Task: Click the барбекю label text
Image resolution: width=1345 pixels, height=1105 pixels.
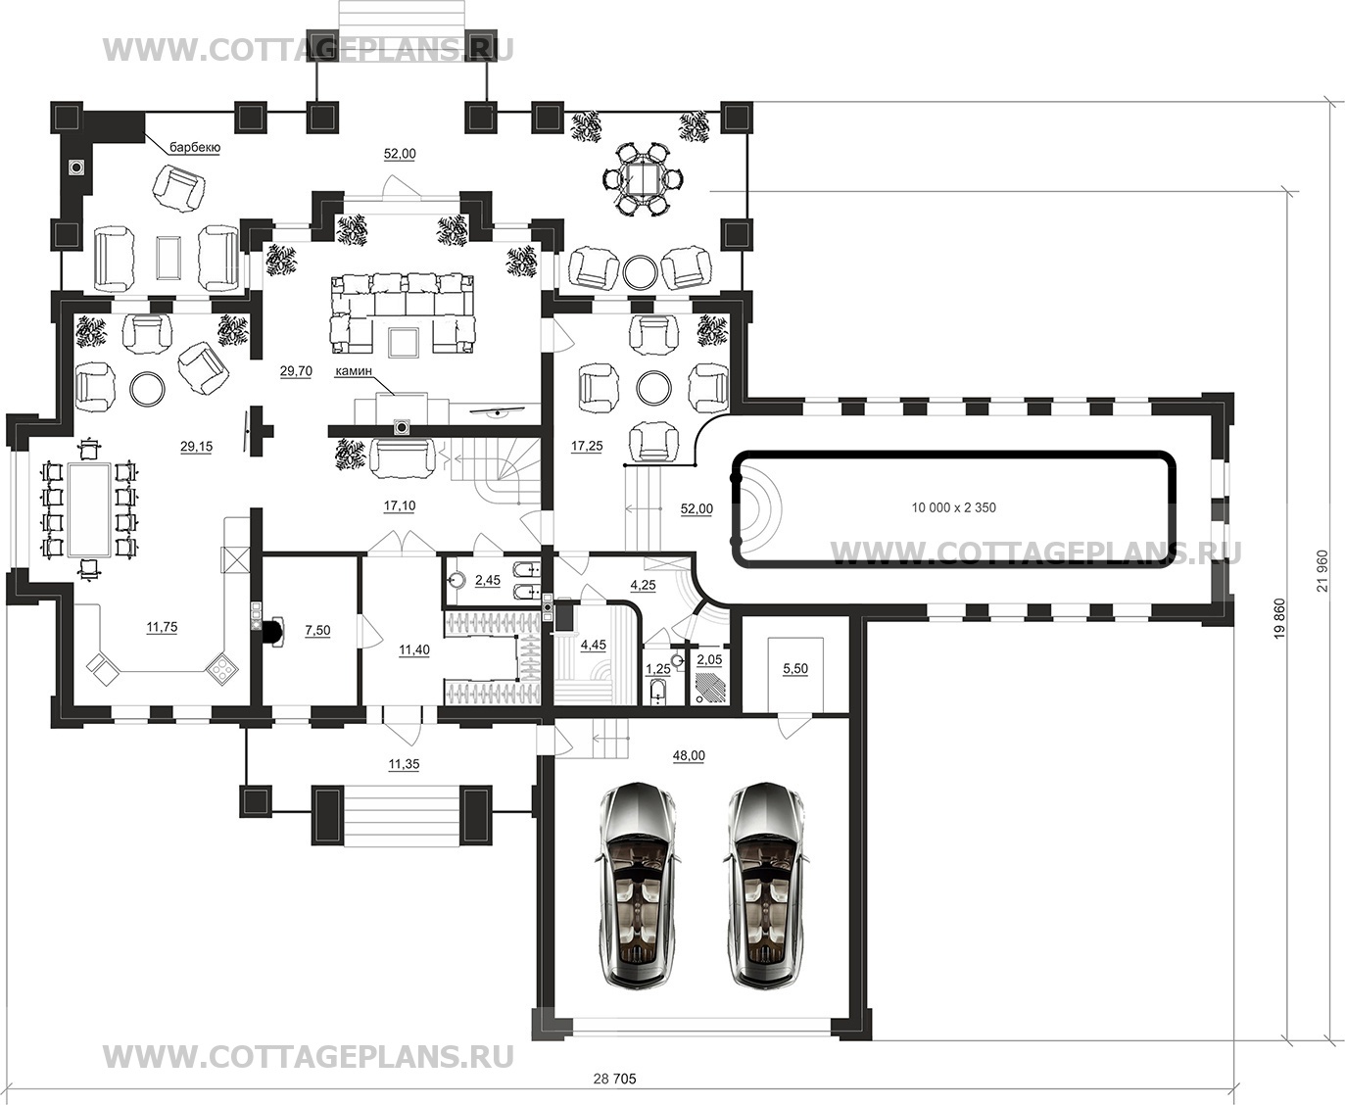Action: pyautogui.click(x=195, y=148)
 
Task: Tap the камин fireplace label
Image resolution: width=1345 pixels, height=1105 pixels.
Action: pyautogui.click(x=354, y=370)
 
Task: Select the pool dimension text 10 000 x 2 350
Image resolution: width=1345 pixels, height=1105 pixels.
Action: pyautogui.click(x=953, y=507)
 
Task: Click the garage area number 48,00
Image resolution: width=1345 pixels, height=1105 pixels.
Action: pyautogui.click(x=689, y=755)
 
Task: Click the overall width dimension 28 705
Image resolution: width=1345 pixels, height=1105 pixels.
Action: pyautogui.click(x=615, y=1080)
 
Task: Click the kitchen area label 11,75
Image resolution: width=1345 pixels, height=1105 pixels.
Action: pyautogui.click(x=162, y=627)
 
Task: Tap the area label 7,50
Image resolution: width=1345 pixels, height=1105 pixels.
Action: pyautogui.click(x=317, y=631)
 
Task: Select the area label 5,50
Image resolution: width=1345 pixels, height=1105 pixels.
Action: pyautogui.click(x=795, y=669)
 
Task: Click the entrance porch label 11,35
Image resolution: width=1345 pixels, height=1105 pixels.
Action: pyautogui.click(x=404, y=764)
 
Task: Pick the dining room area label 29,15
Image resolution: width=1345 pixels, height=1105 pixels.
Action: pyautogui.click(x=197, y=447)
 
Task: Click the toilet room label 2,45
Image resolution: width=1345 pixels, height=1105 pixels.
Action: pyautogui.click(x=488, y=580)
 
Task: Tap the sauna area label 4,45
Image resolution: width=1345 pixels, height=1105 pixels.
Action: pyautogui.click(x=593, y=646)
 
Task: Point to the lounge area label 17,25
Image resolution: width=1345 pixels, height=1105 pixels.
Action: pyautogui.click(x=586, y=447)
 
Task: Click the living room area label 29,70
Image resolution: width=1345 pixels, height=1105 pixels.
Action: pyautogui.click(x=296, y=371)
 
